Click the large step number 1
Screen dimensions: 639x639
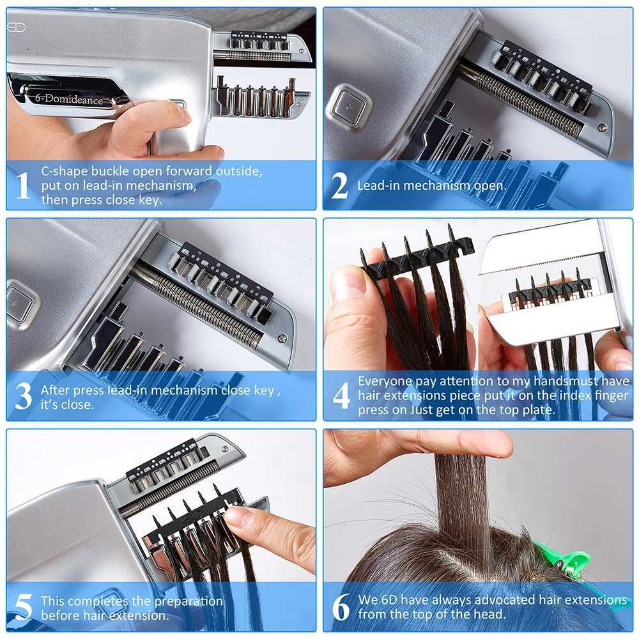(x=22, y=185)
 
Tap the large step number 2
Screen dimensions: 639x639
(x=340, y=185)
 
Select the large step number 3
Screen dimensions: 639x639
(x=23, y=396)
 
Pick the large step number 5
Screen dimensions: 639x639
(x=22, y=607)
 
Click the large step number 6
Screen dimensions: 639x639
(x=341, y=607)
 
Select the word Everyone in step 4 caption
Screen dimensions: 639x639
(x=381, y=381)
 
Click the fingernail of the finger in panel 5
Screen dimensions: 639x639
(x=238, y=516)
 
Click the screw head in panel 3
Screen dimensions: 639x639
(x=282, y=337)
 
